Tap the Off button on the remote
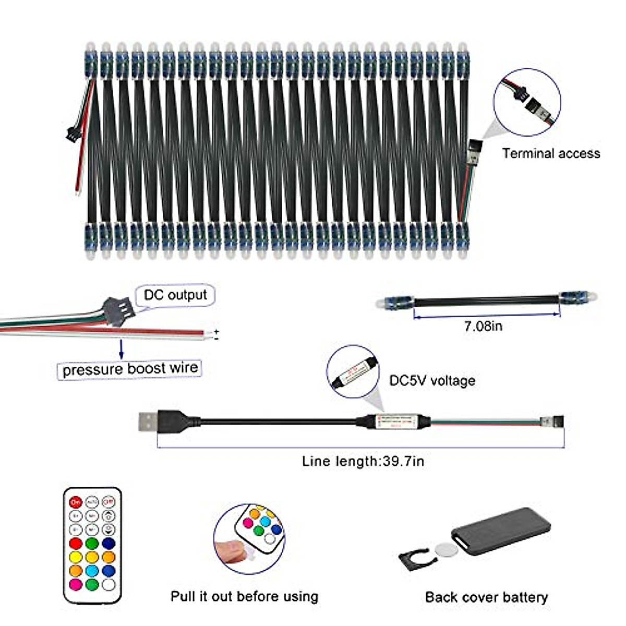pyautogui.click(x=108, y=502)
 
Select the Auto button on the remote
pyautogui.click(x=92, y=502)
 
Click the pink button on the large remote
pyautogui.click(x=76, y=584)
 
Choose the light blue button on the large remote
pyautogui.click(x=92, y=571)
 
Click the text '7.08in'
pyautogui.click(x=483, y=327)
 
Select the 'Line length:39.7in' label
pyautogui.click(x=363, y=461)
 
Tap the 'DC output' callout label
pyautogui.click(x=175, y=295)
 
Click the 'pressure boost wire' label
pyautogui.click(x=130, y=369)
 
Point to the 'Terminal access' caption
pyautogui.click(x=551, y=153)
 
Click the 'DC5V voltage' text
pyautogui.click(x=432, y=380)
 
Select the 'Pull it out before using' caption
pyautogui.click(x=244, y=596)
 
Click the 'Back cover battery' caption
pyautogui.click(x=486, y=597)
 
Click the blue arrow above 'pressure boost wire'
pyautogui.click(x=122, y=349)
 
